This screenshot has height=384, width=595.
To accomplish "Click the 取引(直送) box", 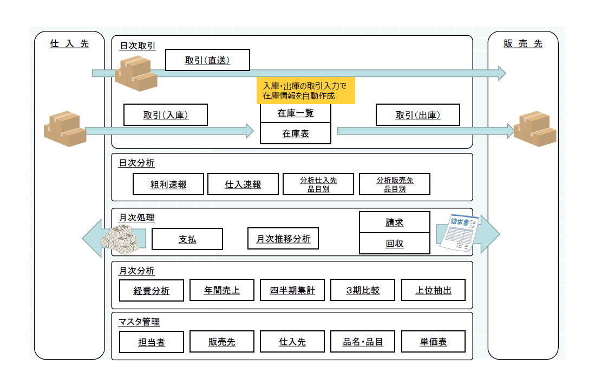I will click(207, 60).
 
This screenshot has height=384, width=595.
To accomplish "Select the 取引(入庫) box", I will click(166, 115).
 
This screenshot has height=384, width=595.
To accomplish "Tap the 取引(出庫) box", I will click(417, 115).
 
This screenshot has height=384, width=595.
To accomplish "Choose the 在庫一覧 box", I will click(295, 113).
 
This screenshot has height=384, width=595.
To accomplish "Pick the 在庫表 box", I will click(295, 133).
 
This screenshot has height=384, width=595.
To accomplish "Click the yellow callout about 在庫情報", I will click(305, 91).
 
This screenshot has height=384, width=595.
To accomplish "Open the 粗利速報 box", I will click(168, 184).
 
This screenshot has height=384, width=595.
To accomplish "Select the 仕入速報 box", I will click(243, 184).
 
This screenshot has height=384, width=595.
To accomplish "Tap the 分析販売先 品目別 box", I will click(394, 184).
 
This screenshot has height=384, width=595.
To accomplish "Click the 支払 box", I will click(187, 239).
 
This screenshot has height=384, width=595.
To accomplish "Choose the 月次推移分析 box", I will click(283, 238).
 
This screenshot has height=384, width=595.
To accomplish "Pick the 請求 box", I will click(394, 222).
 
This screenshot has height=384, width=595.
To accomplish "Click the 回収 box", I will click(394, 244).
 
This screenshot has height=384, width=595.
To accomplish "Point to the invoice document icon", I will click(457, 233).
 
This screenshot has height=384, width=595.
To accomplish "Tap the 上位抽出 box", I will click(433, 290).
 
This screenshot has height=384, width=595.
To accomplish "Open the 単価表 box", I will click(433, 342).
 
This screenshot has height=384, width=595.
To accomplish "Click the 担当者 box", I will click(151, 342).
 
